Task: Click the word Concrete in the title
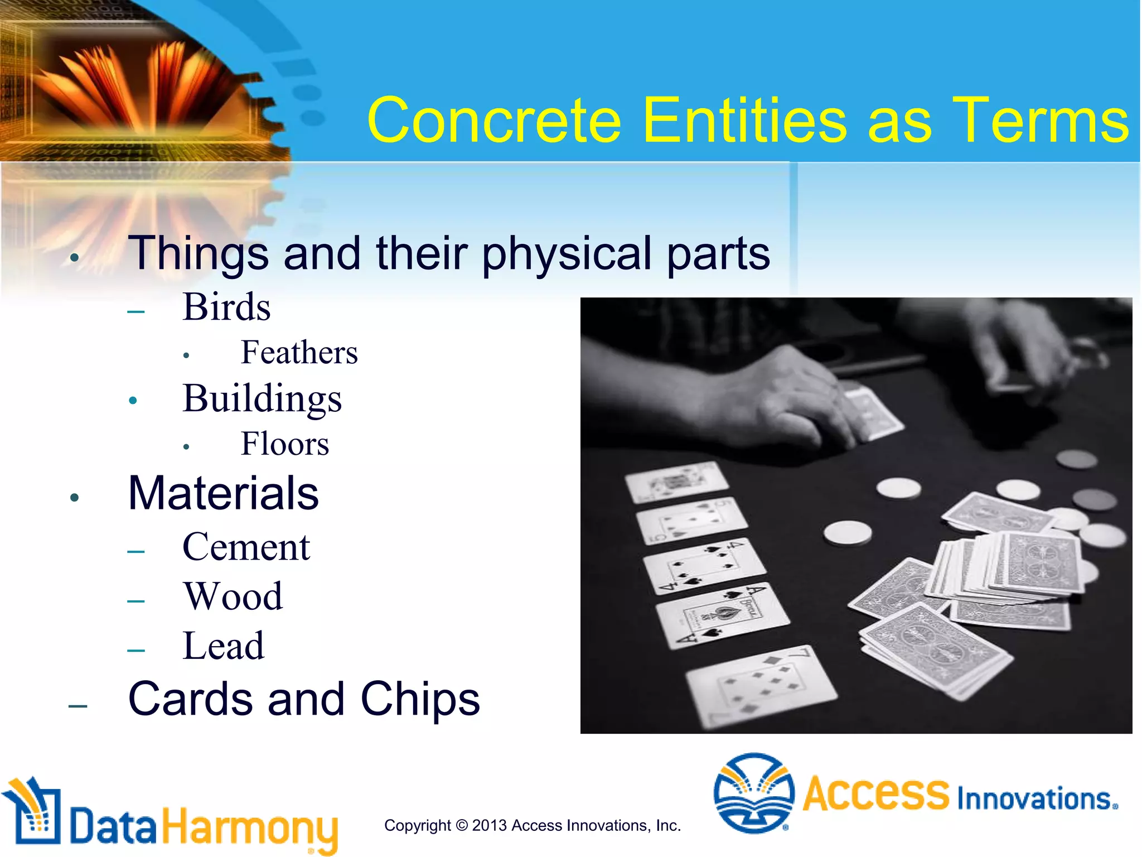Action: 494,120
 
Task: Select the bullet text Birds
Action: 226,307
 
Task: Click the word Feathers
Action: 299,353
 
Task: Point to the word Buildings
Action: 262,398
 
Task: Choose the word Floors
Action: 284,444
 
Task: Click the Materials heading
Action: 223,493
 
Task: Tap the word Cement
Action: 246,547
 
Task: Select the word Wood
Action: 233,596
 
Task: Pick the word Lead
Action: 223,646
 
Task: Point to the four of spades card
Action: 704,565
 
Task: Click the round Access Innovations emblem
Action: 754,793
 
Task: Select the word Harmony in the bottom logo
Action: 250,827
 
